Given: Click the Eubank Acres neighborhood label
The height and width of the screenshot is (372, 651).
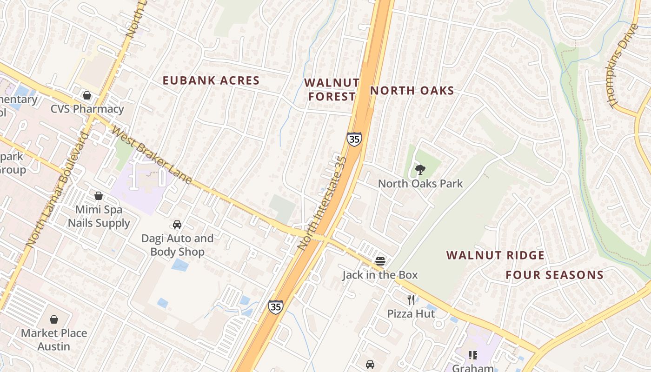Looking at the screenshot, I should (211, 80).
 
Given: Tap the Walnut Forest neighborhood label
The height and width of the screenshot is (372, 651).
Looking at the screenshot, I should (332, 90).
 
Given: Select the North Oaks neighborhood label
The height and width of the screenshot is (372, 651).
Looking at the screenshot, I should (412, 91).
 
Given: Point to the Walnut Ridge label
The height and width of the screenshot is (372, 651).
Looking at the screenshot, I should (495, 255).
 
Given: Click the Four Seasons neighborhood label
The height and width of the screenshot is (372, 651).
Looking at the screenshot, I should (555, 275).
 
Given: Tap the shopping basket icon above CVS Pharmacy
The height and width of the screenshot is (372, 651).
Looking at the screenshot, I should (87, 95).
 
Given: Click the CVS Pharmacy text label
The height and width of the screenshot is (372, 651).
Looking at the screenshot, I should (87, 109).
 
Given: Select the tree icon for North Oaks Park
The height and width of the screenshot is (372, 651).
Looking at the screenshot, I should (420, 170).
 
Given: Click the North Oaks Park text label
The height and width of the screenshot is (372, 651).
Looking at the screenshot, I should (420, 184).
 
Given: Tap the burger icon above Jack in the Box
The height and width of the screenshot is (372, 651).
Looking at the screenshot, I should (380, 261).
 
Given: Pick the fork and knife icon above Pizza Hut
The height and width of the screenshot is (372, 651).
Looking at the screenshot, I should (411, 299).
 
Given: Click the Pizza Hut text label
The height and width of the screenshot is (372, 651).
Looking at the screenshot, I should (411, 314).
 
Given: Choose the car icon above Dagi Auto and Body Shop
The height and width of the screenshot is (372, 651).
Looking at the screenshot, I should (177, 225).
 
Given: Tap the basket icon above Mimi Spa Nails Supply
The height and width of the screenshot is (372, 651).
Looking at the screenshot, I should (99, 196).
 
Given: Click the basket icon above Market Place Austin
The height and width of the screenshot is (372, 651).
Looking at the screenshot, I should (54, 319).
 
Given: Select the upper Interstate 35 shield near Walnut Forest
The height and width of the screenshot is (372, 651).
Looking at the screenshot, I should (354, 139).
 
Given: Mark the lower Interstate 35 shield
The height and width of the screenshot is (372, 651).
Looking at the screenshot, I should (275, 307).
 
